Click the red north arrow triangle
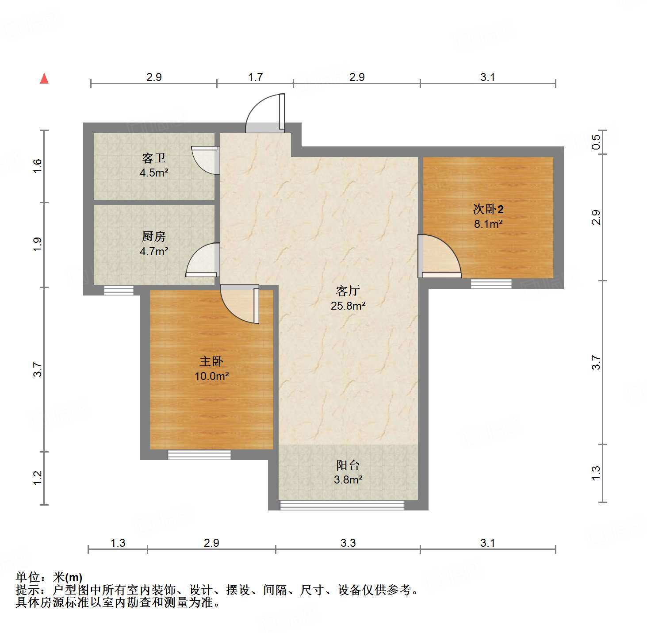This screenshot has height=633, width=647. click(x=44, y=79)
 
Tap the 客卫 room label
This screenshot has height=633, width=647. click(x=153, y=158)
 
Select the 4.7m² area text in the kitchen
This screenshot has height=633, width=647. click(x=154, y=252)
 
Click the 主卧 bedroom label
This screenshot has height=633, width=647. click(x=211, y=361)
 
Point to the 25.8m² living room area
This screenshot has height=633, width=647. click(x=348, y=306)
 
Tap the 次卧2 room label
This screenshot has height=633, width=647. click(x=488, y=209)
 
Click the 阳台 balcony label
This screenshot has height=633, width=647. click(x=348, y=465)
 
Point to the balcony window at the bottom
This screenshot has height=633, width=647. click(x=342, y=505)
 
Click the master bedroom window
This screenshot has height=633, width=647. click(x=199, y=455)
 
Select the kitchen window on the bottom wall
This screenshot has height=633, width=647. click(x=119, y=291)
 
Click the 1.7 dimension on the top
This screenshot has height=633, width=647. click(x=255, y=77)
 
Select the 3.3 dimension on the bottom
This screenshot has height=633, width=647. click(x=348, y=543)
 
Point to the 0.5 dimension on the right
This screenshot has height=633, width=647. click(x=596, y=142)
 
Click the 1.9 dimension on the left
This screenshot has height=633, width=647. click(x=38, y=245)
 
